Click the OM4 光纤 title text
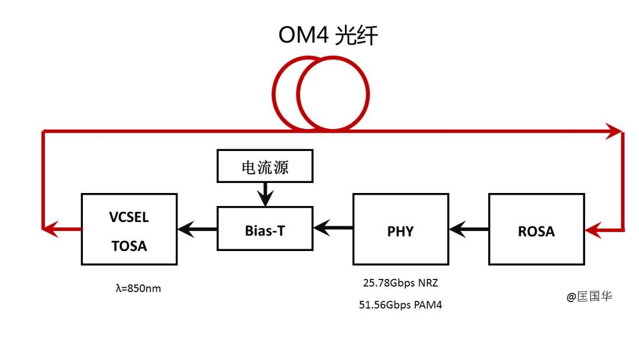[328, 35]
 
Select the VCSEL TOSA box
[129, 229]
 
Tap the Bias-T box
[264, 228]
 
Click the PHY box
[400, 229]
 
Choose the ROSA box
[536, 229]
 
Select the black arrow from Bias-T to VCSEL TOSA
[197, 229]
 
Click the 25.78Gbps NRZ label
[401, 283]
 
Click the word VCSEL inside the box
[129, 217]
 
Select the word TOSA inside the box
[129, 245]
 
